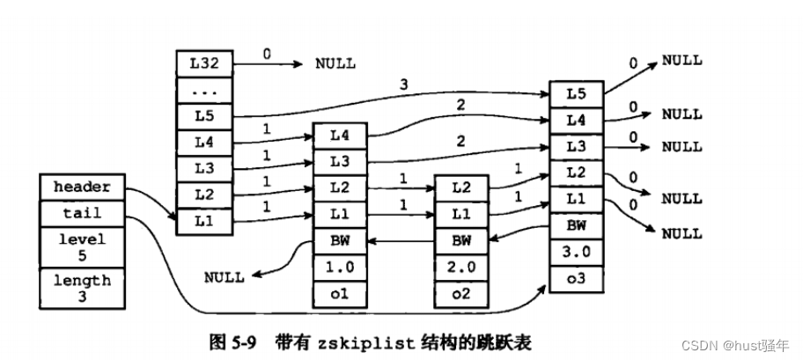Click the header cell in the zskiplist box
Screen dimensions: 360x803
[82, 187]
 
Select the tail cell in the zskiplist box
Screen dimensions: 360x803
[82, 212]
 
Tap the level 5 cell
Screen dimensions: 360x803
[82, 246]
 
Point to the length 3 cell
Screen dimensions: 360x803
[82, 287]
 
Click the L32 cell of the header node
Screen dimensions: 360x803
[204, 64]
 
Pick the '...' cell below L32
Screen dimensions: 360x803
[204, 90]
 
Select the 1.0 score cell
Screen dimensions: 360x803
[340, 267]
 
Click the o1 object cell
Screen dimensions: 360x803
[340, 292]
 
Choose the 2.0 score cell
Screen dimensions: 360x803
[461, 267]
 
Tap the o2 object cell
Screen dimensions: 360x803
[461, 292]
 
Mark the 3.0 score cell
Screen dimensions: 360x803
[576, 253]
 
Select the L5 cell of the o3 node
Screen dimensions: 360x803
[576, 92]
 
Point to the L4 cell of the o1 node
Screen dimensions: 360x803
[340, 136]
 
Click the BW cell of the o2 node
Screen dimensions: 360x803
[461, 239]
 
